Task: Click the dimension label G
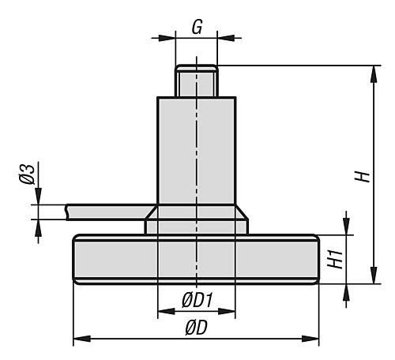pos(197,27)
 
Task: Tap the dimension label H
pos(363,176)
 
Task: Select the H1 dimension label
pos(336,260)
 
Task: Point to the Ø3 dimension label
pos(27,174)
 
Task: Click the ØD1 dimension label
pos(197,300)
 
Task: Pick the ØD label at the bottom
pos(197,328)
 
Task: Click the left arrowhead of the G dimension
pos(167,38)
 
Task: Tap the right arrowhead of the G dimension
pos(226,38)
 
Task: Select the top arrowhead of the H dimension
pos(374,74)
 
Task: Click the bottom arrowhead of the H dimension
pos(374,276)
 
